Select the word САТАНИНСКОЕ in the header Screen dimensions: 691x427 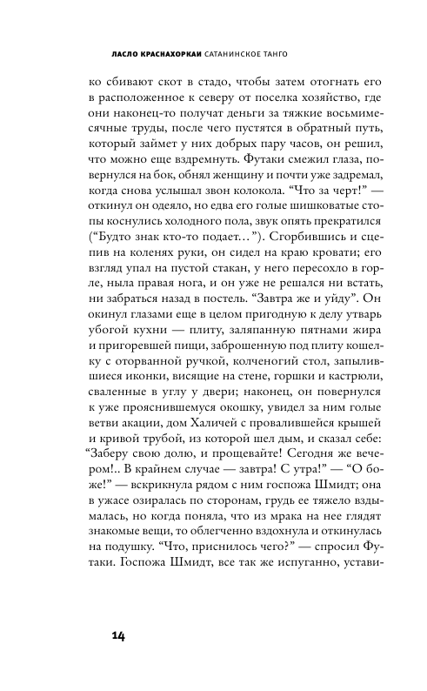[x=245, y=51]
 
